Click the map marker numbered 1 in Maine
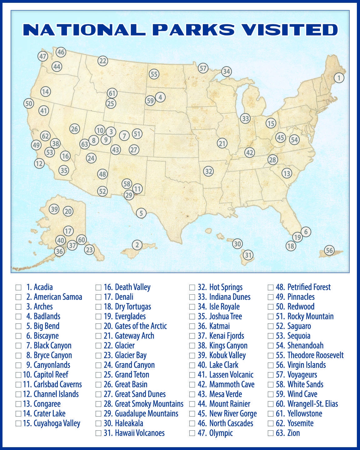click(x=339, y=77)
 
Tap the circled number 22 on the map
click(x=103, y=61)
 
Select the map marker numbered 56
click(x=329, y=250)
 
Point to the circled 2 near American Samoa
click(x=137, y=245)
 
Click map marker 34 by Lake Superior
click(x=226, y=72)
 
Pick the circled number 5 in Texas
click(x=141, y=213)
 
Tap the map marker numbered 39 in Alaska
click(x=54, y=209)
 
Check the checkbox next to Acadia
click(x=18, y=287)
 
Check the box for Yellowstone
click(x=270, y=414)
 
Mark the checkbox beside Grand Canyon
click(x=98, y=365)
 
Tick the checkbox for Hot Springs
click(x=192, y=287)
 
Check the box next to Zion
click(x=270, y=433)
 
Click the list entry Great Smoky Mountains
click(x=149, y=404)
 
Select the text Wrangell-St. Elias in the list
click(x=312, y=404)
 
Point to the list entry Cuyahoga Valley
click(x=57, y=423)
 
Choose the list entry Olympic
click(x=221, y=433)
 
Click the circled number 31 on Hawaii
click(x=248, y=255)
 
